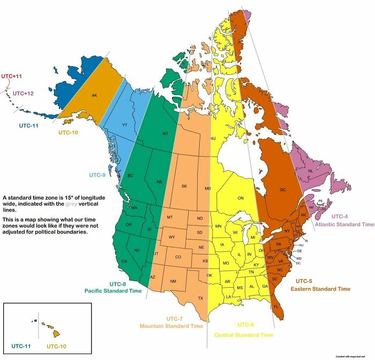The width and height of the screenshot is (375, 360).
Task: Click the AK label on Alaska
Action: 94,96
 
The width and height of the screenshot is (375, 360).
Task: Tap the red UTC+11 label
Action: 12,76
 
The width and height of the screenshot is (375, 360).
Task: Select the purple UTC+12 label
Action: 24,93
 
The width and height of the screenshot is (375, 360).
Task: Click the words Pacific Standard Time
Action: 113,291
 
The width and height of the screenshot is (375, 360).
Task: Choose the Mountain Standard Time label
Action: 171,326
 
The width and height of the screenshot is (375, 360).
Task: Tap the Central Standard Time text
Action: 243,335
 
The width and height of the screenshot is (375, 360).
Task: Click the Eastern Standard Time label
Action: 320,289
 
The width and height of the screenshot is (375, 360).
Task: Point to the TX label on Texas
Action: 201,298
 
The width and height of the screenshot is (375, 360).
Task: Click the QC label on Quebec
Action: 282,189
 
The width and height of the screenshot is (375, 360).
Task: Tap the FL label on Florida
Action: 276,306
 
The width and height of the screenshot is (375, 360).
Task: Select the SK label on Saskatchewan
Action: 184,186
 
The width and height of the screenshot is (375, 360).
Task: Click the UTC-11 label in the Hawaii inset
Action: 22,346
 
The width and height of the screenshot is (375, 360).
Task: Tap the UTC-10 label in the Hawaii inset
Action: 56,346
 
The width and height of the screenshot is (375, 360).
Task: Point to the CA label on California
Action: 124,261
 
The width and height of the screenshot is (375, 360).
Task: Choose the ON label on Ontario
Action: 241,198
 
